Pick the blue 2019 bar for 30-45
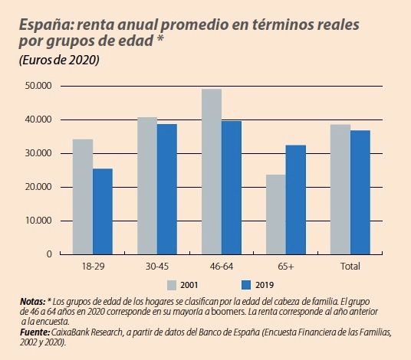(167, 189)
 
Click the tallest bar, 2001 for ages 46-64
(212, 172)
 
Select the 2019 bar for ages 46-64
(232, 188)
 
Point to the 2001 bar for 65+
(276, 214)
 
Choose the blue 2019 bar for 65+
(296, 200)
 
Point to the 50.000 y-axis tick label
(38, 87)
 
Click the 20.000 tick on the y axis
(38, 187)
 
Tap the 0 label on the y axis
(48, 254)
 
